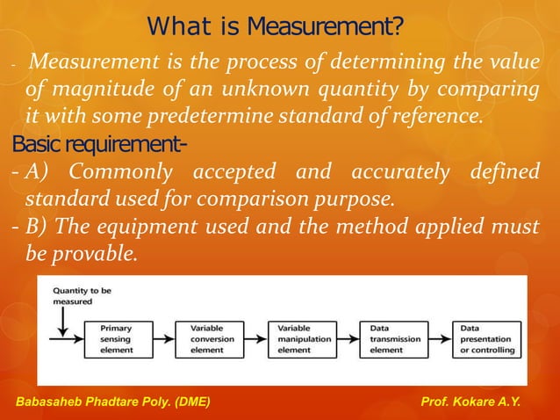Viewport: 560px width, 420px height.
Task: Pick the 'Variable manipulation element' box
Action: coord(307,338)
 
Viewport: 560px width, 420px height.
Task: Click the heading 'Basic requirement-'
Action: coord(75,144)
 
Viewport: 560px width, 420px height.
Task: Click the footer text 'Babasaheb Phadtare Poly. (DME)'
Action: coord(115,402)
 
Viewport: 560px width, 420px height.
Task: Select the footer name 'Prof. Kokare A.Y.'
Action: coord(470,402)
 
